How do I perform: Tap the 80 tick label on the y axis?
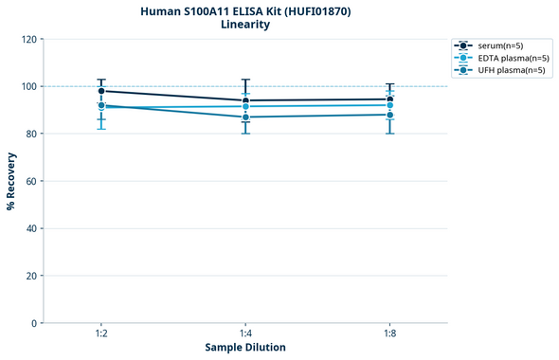[30, 134]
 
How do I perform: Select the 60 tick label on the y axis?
[30, 181]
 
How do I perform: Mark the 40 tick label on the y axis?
[30, 228]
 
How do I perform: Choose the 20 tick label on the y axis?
[30, 276]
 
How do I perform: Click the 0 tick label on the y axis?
[33, 323]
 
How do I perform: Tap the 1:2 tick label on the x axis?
[101, 334]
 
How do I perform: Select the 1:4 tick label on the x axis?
[245, 334]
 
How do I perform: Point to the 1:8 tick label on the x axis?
[389, 334]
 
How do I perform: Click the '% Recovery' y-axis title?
[11, 181]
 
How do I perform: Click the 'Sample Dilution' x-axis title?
[245, 348]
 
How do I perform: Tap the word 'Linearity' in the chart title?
[244, 25]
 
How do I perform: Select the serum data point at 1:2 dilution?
[101, 91]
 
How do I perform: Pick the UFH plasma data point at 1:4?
[245, 117]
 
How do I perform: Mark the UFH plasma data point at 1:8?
[389, 115]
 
